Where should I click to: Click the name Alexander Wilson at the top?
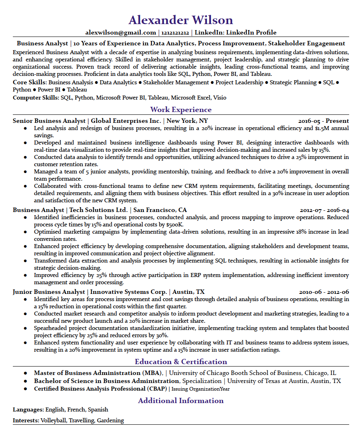point(180,20)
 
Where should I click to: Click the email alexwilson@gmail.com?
point(121,33)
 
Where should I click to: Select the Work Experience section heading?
point(180,110)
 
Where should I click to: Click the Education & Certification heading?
point(181,362)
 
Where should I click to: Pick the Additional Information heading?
point(181,401)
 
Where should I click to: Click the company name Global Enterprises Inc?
point(126,121)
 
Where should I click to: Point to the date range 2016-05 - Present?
point(323,121)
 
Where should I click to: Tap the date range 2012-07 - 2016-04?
point(324,210)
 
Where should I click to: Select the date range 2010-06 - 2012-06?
point(324,292)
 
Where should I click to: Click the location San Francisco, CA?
point(160,210)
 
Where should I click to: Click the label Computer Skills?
point(36,98)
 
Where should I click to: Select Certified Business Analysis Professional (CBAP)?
point(100,389)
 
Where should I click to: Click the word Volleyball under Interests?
point(53,421)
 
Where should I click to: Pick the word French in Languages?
point(76,410)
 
